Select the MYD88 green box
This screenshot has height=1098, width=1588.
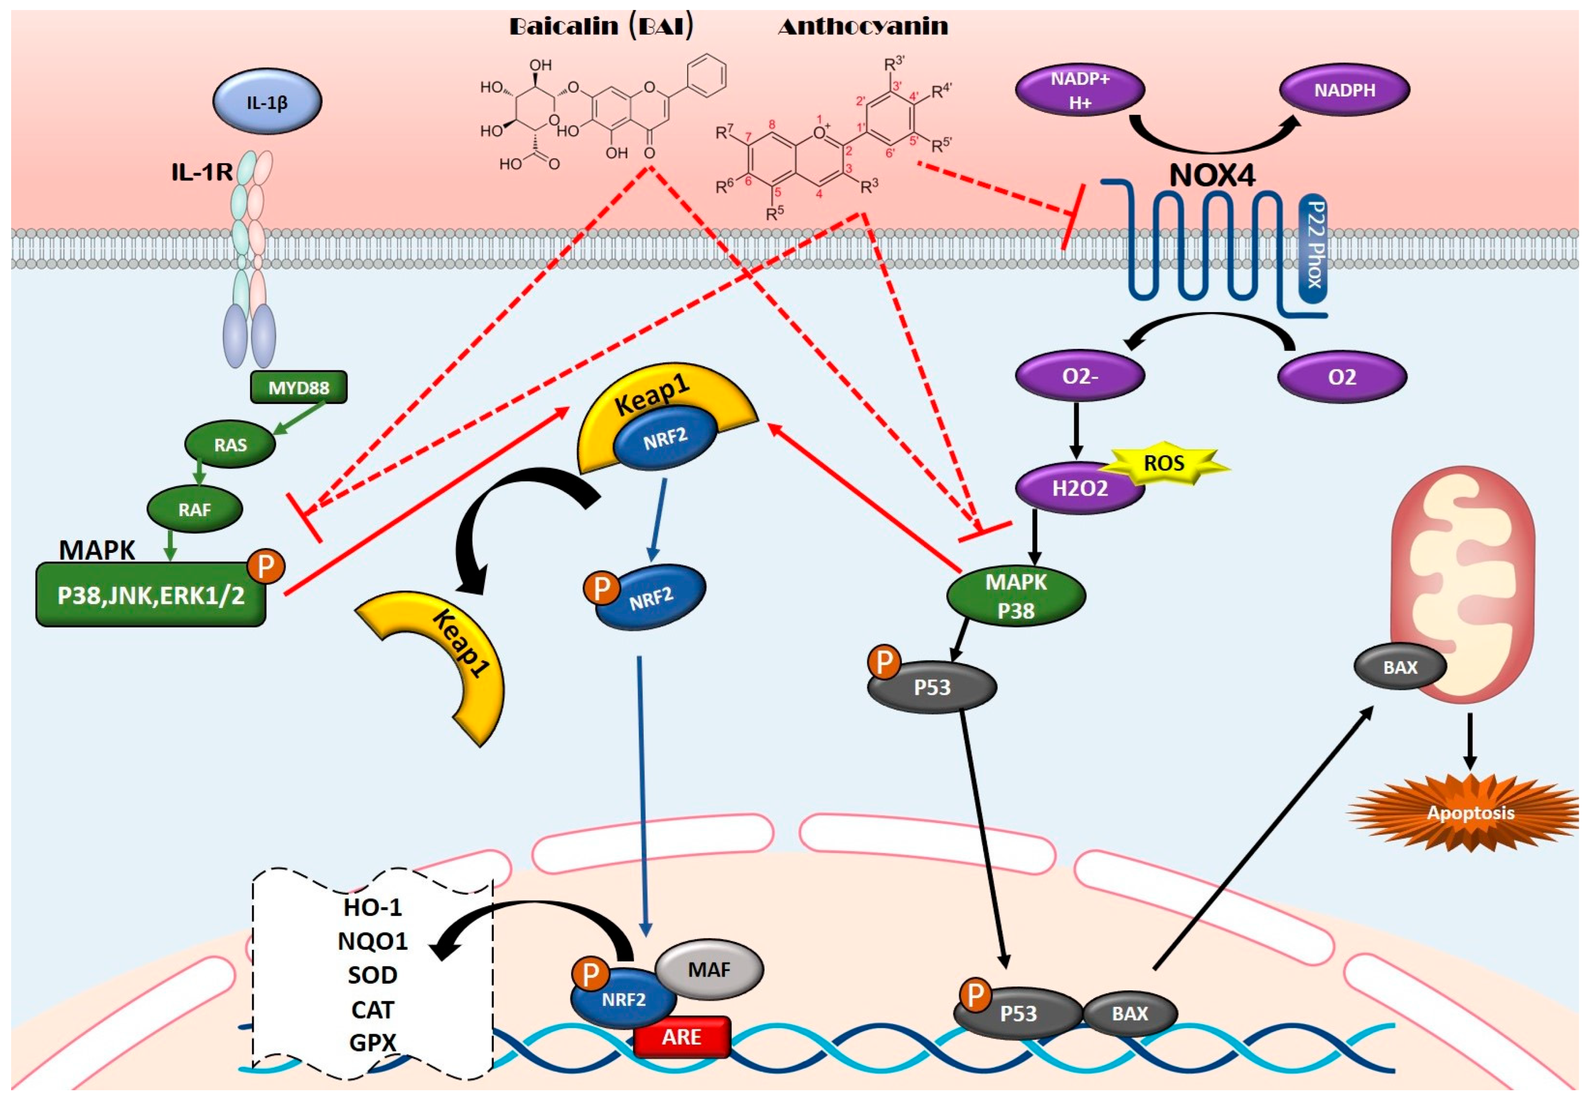(x=298, y=387)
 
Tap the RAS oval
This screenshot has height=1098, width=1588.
(x=230, y=444)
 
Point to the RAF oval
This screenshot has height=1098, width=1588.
(x=195, y=510)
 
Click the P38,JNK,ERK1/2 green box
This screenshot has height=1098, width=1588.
(x=150, y=595)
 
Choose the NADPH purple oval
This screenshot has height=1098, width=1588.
(x=1344, y=90)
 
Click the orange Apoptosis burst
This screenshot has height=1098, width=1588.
(x=1470, y=813)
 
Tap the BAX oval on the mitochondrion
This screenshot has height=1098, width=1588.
(x=1400, y=667)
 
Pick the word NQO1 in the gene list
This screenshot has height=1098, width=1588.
(x=372, y=940)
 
